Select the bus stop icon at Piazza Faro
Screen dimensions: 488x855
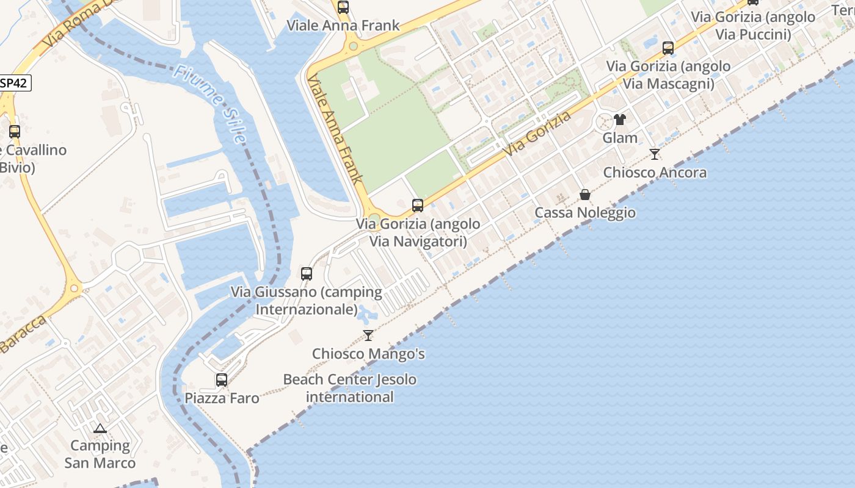point(222,380)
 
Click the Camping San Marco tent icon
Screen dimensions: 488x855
point(100,429)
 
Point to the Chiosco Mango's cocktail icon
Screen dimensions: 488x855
point(368,335)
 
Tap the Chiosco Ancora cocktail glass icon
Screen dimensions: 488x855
point(655,154)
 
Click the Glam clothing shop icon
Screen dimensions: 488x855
point(620,120)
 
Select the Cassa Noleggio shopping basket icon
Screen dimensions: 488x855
point(585,195)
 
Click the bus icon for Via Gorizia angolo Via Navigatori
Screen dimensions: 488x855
point(418,206)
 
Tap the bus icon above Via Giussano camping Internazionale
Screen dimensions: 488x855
point(307,274)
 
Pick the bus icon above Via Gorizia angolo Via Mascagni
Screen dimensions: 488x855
point(668,48)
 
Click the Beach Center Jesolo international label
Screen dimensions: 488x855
point(350,388)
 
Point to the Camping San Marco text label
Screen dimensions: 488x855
point(100,454)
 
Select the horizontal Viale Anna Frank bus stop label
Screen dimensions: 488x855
point(343,26)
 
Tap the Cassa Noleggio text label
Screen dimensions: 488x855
point(585,213)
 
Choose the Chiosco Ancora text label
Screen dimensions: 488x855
point(655,173)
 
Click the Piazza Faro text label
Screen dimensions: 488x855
point(222,398)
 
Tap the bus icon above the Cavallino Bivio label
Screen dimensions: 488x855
point(15,131)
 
